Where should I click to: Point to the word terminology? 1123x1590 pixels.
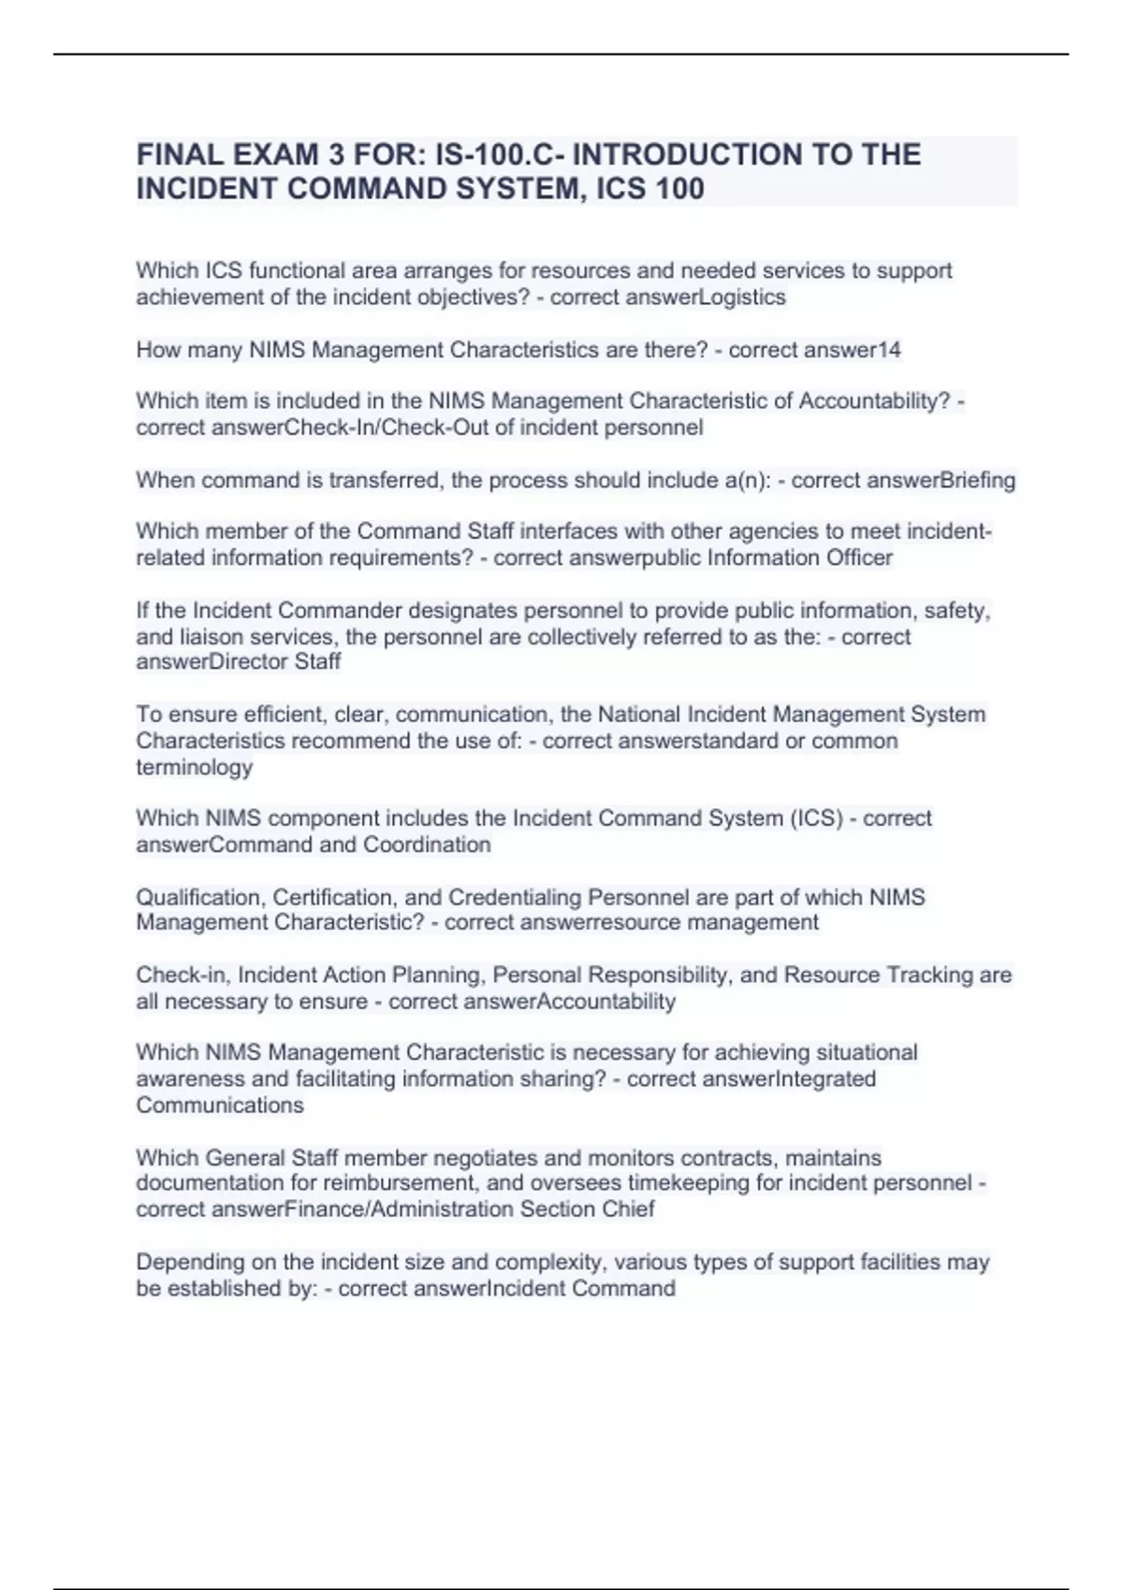click(x=195, y=768)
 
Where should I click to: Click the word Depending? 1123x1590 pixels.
click(x=190, y=1263)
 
